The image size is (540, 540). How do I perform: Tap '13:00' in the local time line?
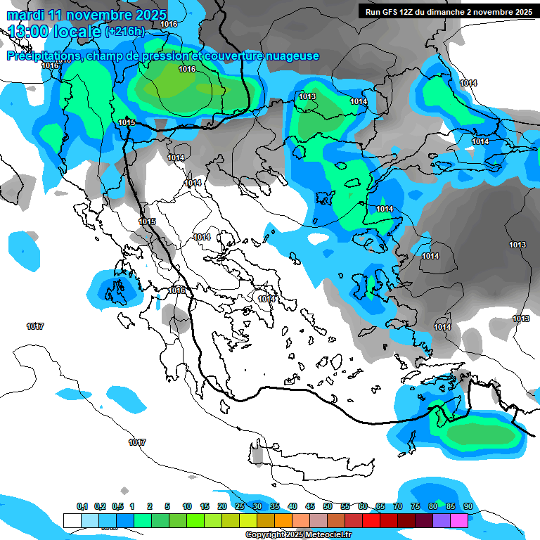tap(29, 32)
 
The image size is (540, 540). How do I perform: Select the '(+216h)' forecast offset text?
tap(125, 32)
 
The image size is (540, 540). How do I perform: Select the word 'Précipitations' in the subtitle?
tap(43, 56)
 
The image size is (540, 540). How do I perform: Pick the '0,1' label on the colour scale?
tap(82, 506)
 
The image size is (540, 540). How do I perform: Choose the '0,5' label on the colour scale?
tap(117, 506)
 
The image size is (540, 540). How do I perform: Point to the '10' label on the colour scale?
tap(187, 506)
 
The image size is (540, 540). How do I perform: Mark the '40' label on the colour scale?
tap(292, 506)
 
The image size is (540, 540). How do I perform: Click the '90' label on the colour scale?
tap(468, 506)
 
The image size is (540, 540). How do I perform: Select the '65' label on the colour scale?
tap(380, 506)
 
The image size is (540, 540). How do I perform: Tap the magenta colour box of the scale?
tap(459, 520)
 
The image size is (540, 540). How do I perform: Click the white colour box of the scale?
tap(72, 520)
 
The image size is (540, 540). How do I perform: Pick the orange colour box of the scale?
tap(283, 520)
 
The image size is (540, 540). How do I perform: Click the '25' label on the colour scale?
tap(240, 506)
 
